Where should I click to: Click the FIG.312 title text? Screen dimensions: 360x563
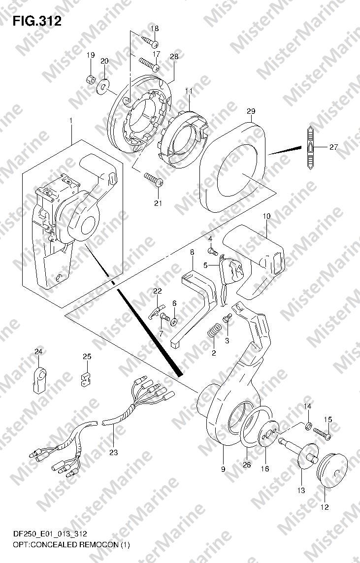tap(37, 21)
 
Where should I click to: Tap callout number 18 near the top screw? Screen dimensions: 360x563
tap(154, 29)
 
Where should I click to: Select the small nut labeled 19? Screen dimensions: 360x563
tap(91, 78)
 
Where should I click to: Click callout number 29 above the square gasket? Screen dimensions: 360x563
tap(251, 111)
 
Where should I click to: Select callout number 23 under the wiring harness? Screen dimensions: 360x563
tap(113, 452)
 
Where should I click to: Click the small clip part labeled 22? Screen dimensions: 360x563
tap(156, 310)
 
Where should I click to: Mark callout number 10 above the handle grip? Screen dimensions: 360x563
tap(266, 216)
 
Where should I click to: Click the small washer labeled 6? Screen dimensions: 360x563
tap(174, 322)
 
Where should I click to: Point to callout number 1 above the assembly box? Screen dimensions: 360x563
tap(71, 121)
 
